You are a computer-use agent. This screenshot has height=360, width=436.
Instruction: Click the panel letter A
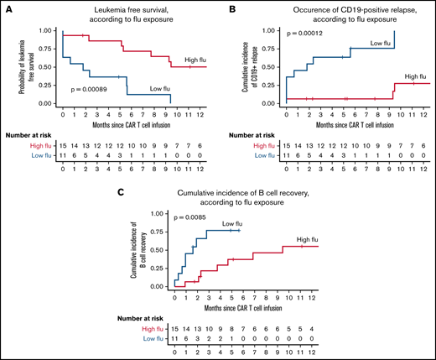(8, 8)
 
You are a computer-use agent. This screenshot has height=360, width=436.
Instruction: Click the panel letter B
(226, 8)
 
